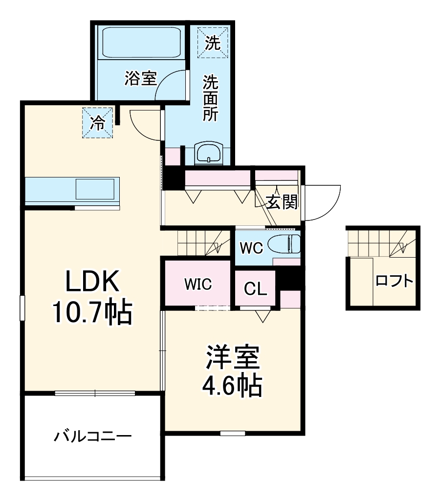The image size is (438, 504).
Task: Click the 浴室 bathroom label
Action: coord(140,78)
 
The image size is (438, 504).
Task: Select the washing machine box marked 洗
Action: coord(212,43)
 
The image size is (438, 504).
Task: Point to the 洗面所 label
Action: coord(211,98)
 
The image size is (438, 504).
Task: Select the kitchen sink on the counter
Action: coord(95,189)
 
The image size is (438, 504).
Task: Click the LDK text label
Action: coord(92,282)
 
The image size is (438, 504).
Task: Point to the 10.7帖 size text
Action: coord(92,313)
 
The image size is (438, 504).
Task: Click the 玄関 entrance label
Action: coord(282,202)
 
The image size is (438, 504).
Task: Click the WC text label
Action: coord(251,247)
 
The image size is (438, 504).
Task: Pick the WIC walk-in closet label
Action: coord(198,285)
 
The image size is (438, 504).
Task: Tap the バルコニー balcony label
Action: coord(92,435)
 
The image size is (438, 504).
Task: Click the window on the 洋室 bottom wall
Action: coord(233,433)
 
